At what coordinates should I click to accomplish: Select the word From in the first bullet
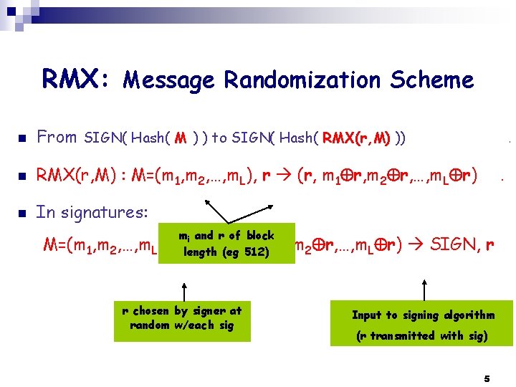click(57, 137)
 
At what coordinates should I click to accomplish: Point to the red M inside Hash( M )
click(181, 138)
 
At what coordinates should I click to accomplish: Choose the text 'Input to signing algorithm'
click(423, 315)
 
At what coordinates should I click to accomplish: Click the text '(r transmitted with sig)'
click(422, 336)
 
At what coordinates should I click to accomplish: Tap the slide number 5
click(487, 377)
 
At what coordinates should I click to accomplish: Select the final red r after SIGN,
click(489, 244)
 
